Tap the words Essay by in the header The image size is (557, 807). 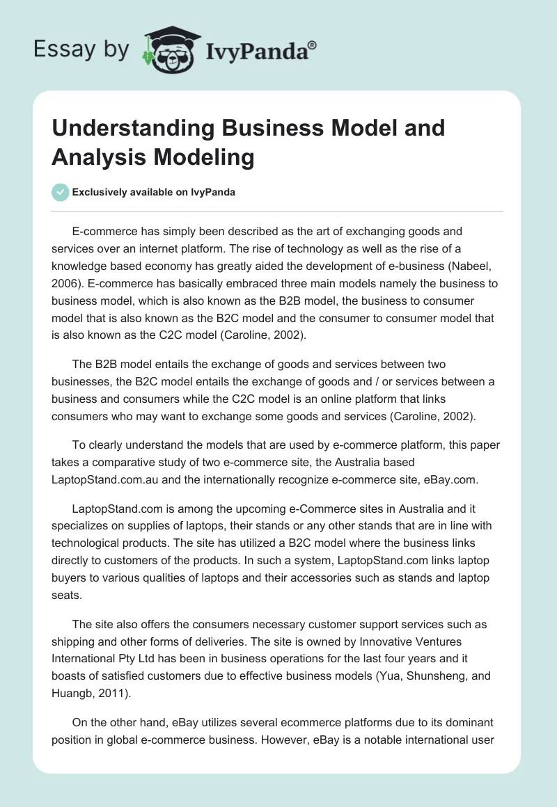point(81,49)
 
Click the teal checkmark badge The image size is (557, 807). point(61,192)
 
